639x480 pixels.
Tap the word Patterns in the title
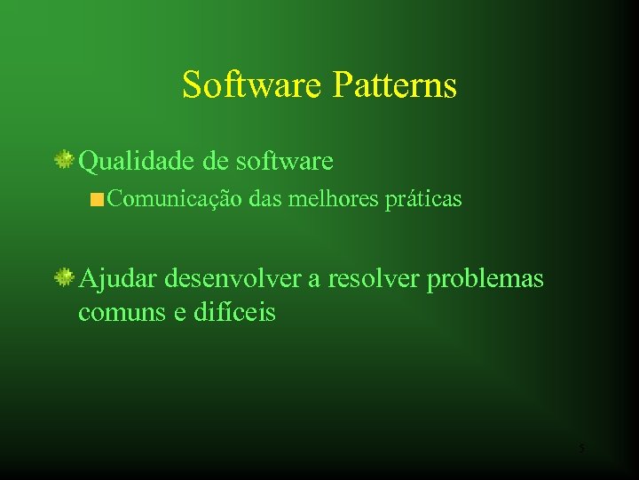[396, 85]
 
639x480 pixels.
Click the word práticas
[423, 199]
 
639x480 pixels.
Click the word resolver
[374, 279]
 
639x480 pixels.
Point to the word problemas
[485, 279]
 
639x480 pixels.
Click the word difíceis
[235, 313]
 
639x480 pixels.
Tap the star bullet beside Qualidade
[65, 160]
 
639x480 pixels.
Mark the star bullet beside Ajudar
[65, 278]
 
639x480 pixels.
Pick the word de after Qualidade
[215, 161]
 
